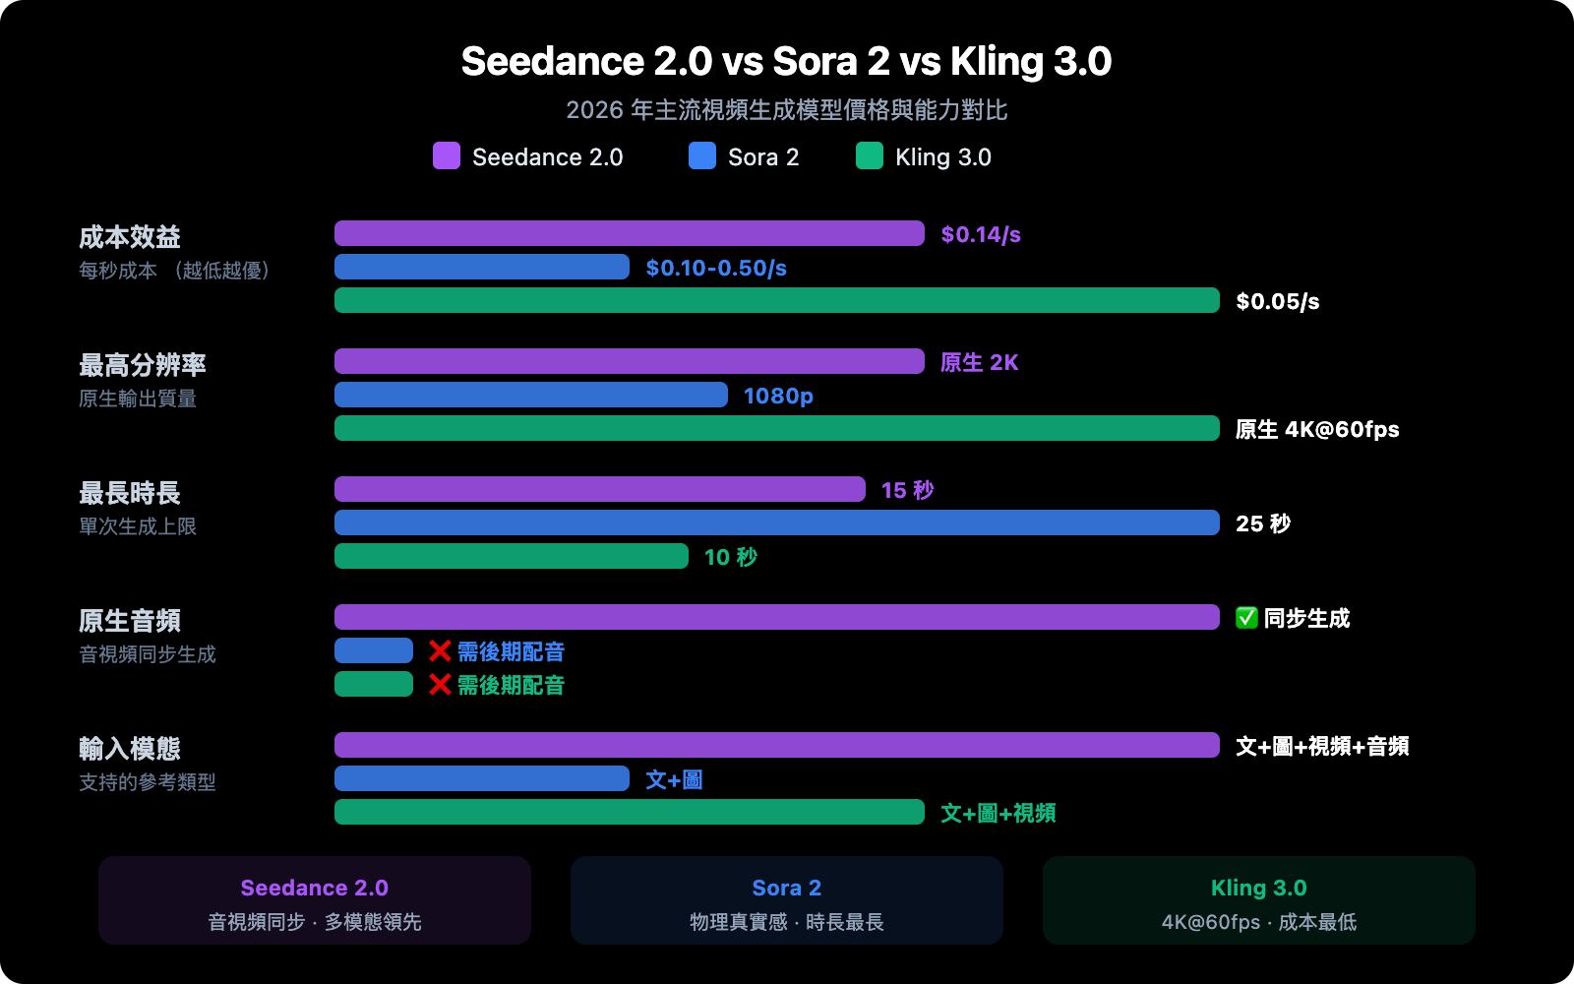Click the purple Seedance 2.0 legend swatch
click(447, 155)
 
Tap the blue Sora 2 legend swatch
click(702, 155)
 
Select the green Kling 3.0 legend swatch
click(870, 155)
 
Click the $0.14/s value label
click(981, 234)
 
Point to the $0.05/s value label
click(1277, 301)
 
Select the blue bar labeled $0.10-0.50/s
click(482, 267)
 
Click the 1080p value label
click(778, 396)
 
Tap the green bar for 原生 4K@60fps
click(777, 428)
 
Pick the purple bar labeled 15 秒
click(600, 489)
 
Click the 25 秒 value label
click(1263, 523)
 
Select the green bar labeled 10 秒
click(512, 556)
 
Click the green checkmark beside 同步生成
click(1246, 618)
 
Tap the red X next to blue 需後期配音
click(440, 650)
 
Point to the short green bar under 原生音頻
click(374, 684)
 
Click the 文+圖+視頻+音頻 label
click(1322, 746)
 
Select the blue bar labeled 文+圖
click(482, 778)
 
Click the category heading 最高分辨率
click(143, 365)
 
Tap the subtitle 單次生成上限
click(138, 526)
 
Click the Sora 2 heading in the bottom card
click(786, 888)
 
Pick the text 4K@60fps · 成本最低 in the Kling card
click(1258, 922)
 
